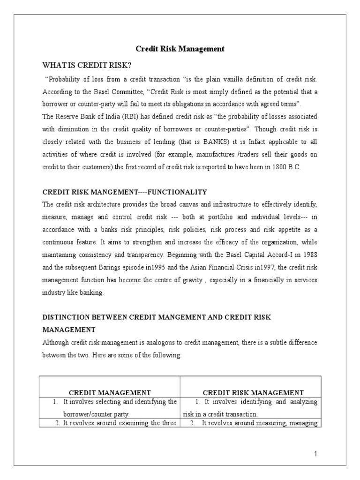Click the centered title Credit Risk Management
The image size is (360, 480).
point(180,49)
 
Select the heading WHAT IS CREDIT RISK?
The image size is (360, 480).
point(87,64)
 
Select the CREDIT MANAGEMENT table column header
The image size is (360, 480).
point(110,393)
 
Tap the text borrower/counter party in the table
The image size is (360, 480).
point(96,414)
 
